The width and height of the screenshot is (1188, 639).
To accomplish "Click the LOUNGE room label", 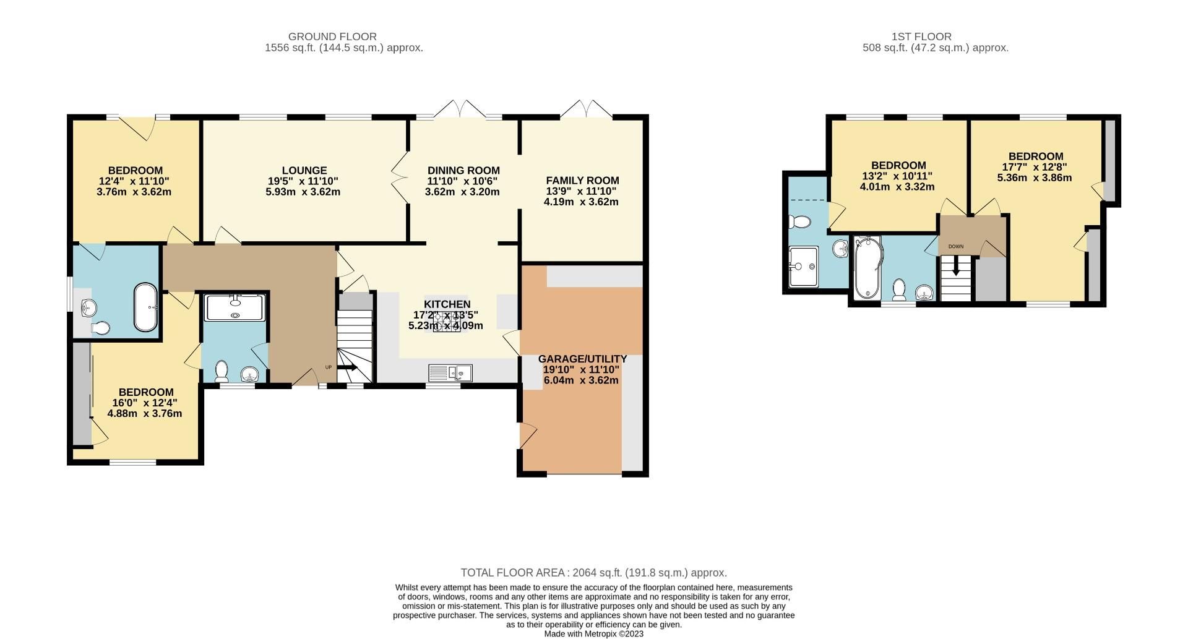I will click(304, 170).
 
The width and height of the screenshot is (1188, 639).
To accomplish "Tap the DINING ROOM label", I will click(463, 170).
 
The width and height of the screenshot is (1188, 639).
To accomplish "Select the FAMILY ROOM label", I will click(582, 180).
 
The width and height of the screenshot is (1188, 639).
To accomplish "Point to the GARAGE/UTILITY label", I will click(582, 359).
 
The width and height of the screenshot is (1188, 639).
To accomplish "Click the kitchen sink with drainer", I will click(450, 373).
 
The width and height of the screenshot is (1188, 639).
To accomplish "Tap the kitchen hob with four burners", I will click(447, 322).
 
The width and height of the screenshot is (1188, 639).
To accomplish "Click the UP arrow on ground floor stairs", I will click(347, 367).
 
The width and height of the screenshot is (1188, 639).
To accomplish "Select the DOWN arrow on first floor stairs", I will click(956, 269).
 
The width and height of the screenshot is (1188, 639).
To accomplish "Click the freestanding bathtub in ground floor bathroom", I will click(146, 307).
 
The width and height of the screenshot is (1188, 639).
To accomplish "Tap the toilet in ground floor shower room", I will click(221, 371).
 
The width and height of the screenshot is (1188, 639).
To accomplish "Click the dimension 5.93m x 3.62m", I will click(303, 192).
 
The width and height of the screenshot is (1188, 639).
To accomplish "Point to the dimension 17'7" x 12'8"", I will click(1035, 167).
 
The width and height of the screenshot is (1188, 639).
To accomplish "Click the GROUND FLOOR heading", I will click(332, 36).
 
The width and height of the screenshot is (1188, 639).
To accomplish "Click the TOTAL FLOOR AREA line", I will click(593, 573).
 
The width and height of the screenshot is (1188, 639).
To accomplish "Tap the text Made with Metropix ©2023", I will click(593, 633).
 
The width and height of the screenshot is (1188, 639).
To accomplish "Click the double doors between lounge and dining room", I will click(400, 177).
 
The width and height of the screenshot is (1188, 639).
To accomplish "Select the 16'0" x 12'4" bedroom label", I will click(145, 403).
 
